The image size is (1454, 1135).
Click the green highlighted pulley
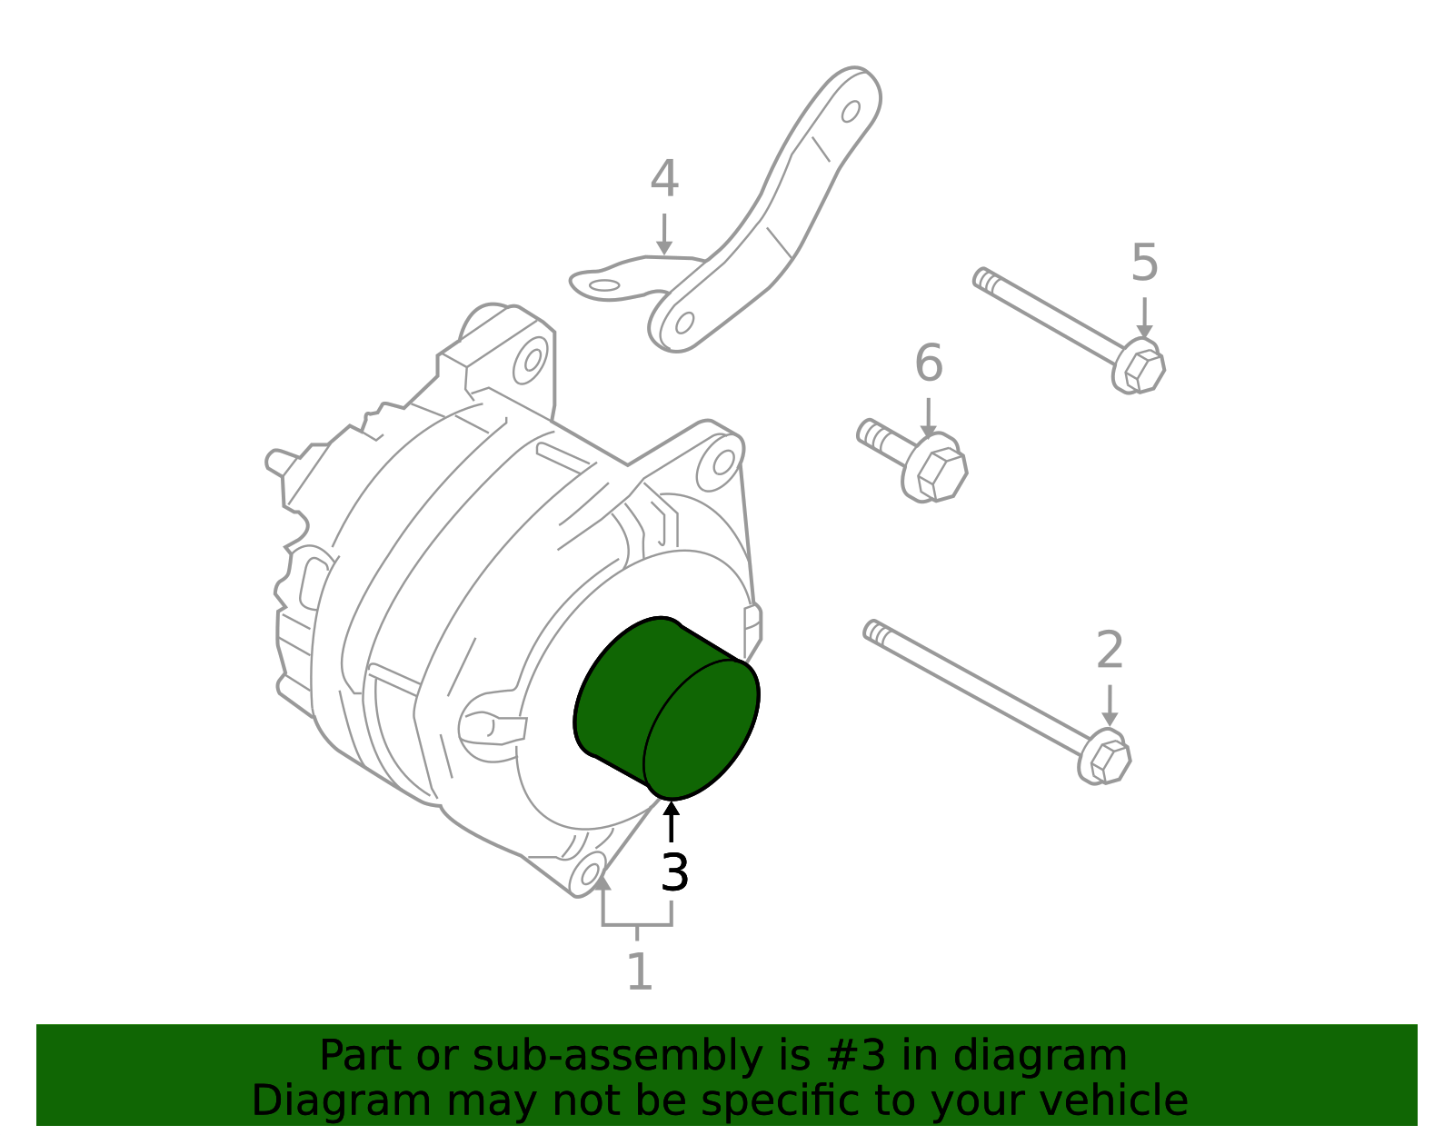[668, 709]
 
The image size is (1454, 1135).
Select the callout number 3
[674, 873]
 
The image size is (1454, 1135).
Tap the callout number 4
[664, 179]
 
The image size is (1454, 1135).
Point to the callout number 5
[1144, 264]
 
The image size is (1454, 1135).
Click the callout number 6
[928, 363]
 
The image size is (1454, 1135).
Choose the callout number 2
[1110, 651]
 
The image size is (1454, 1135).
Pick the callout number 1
[640, 972]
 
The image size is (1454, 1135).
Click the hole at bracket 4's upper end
[851, 112]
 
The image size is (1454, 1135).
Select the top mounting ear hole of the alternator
[531, 360]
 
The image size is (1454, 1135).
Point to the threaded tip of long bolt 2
[874, 631]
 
